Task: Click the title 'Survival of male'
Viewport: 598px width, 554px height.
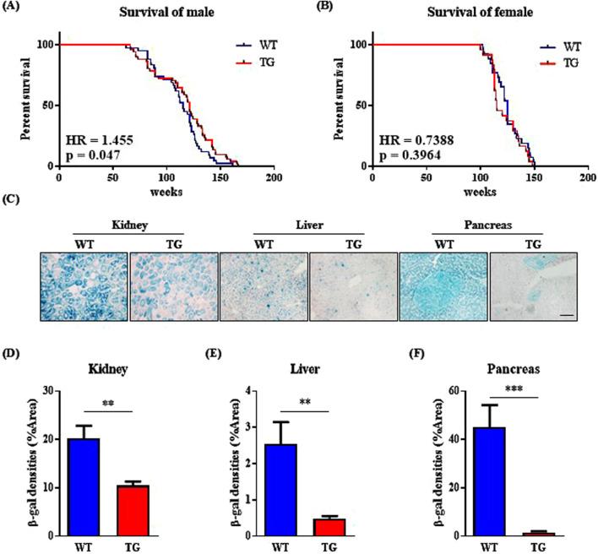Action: [165, 10]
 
